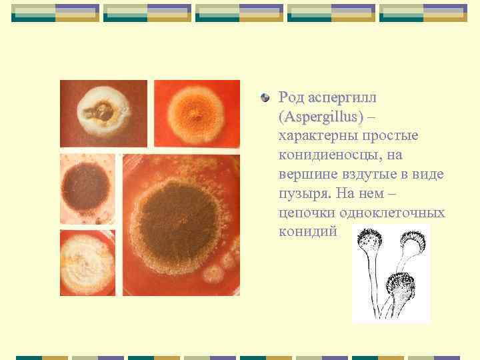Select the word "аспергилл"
343,98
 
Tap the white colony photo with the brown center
103,113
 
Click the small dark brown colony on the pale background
87,189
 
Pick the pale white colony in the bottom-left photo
87,263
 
